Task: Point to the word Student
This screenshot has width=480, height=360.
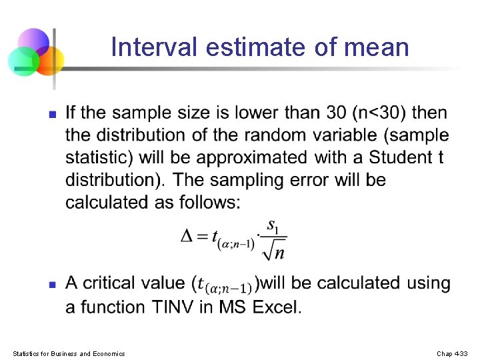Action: (400, 158)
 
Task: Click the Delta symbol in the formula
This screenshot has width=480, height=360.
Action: (189, 235)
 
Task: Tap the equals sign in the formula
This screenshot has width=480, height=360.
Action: (203, 236)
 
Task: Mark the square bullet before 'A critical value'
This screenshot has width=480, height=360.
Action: (52, 284)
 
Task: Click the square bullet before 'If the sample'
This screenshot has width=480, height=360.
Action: (52, 114)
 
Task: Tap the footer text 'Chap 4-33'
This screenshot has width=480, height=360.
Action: (453, 353)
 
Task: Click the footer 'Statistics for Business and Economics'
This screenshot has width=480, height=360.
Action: (69, 353)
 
